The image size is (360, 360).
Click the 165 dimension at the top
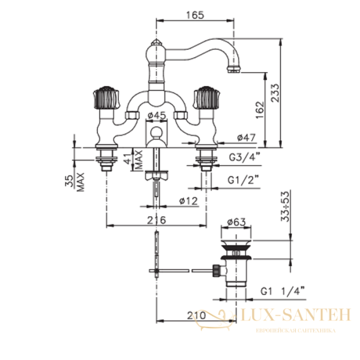pos(195,15)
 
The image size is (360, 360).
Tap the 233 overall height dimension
pos(275,93)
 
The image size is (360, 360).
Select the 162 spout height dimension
pos(260,110)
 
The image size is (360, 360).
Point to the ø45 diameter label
pos(157,115)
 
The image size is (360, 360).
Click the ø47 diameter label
pos(246,137)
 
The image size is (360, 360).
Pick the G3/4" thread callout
pos(245,157)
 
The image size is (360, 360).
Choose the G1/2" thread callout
pos(243,180)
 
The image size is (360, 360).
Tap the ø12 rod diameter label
pos(188,201)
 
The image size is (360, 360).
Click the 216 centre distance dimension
pos(157,220)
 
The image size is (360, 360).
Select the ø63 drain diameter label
pos(236,222)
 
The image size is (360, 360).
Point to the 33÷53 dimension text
pos(286,206)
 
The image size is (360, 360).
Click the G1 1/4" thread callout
pos(283,292)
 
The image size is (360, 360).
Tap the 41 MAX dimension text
pos(133,160)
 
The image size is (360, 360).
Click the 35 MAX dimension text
pos(74,182)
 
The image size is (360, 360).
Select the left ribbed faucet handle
pos(106,98)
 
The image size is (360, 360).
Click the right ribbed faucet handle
pos(206,98)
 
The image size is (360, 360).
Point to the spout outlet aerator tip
pos(234,69)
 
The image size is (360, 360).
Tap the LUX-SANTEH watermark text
pos(296,315)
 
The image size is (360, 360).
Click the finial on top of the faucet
pos(157,43)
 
